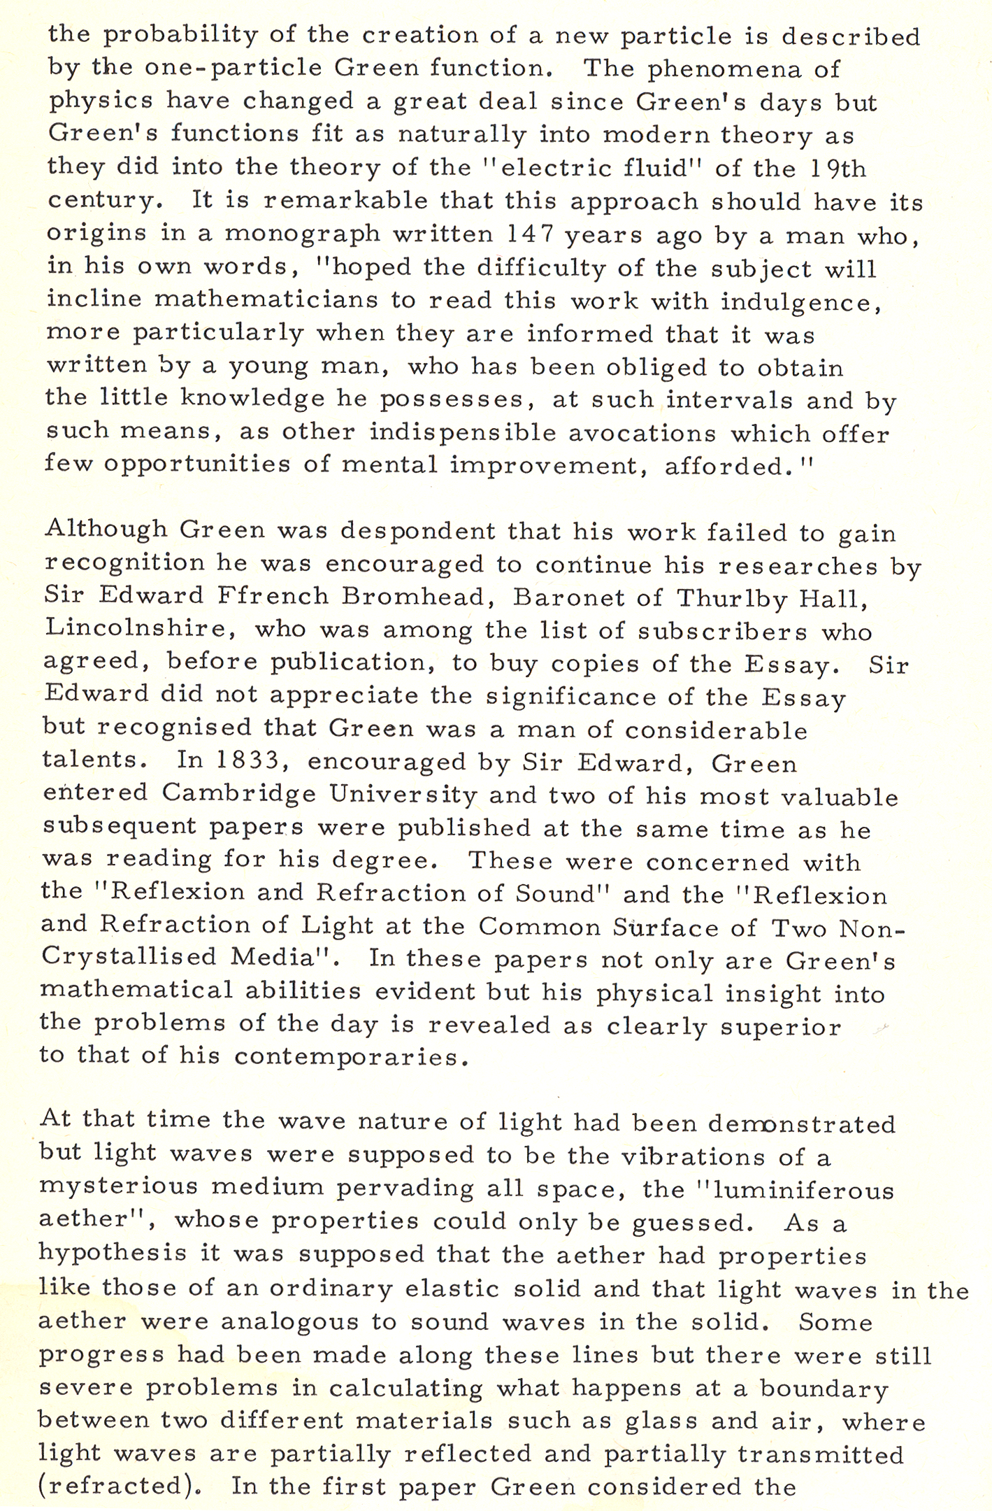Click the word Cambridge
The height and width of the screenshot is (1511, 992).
point(238,793)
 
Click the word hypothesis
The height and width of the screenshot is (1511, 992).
point(113,1254)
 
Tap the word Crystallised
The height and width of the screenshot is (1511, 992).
point(129,956)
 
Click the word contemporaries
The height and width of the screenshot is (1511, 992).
point(350,1057)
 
